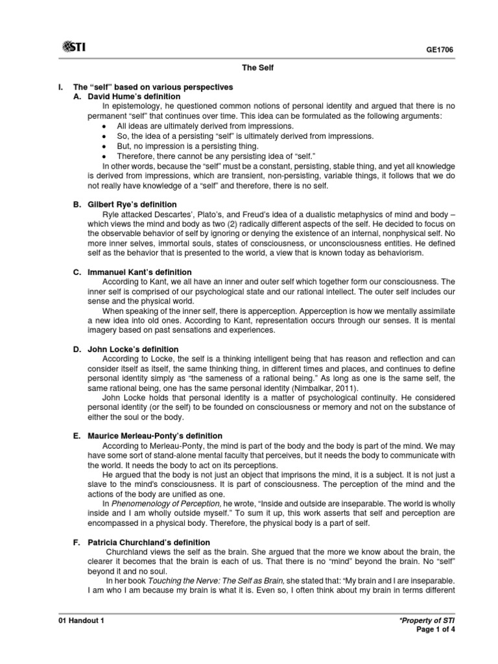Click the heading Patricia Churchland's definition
149,542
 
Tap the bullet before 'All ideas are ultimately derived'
104,126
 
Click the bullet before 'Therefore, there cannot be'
104,156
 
